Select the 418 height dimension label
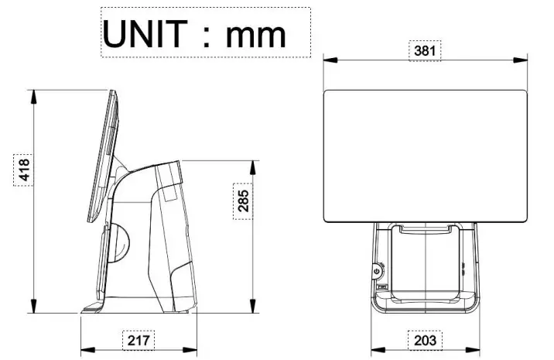tap(23, 170)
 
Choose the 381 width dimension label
tap(425, 51)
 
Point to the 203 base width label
tap(425, 339)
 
